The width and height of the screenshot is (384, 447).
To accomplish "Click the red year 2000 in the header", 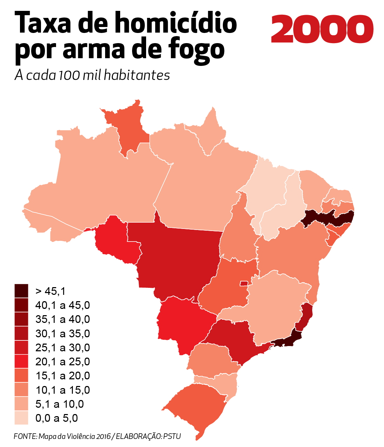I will click(x=322, y=29).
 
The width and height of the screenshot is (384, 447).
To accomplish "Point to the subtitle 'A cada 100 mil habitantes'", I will click(x=92, y=75).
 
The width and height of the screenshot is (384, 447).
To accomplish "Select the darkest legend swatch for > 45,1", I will click(x=21, y=291).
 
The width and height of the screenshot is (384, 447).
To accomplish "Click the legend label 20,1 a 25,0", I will click(x=62, y=361).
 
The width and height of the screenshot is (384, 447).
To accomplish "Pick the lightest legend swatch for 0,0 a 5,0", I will click(x=21, y=418).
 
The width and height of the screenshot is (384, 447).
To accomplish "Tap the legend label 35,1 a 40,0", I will click(x=62, y=319).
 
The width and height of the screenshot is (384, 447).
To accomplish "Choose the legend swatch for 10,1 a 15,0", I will click(x=21, y=390).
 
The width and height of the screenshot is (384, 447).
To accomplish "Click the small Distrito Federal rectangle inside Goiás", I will click(x=244, y=284).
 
